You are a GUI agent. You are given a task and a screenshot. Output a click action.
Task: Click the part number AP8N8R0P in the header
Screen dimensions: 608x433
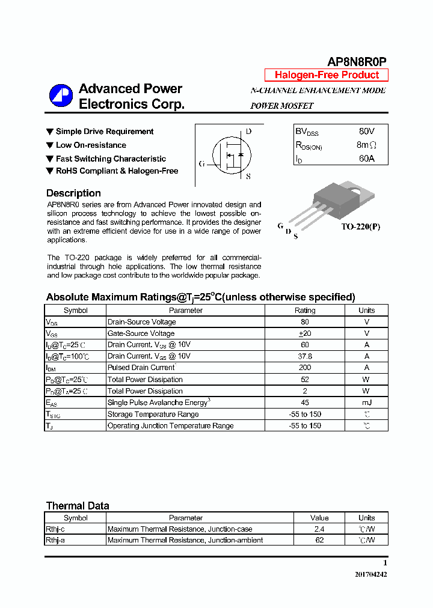point(357,62)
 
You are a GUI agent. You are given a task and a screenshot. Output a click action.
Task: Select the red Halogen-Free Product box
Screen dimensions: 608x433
point(327,75)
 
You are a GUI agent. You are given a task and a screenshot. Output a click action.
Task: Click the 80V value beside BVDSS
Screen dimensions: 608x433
point(366,131)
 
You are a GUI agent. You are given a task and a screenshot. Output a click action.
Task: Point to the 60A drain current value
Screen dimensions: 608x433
point(366,159)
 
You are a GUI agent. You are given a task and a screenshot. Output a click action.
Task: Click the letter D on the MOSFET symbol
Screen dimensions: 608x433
point(248,132)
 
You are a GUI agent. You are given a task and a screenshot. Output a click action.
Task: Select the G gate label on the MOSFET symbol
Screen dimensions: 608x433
point(201,163)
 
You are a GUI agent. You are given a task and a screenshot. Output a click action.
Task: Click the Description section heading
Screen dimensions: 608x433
point(73,193)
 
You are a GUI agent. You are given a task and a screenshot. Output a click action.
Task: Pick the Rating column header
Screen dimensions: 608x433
point(305,311)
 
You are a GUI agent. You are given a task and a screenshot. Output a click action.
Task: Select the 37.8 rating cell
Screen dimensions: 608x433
point(305,356)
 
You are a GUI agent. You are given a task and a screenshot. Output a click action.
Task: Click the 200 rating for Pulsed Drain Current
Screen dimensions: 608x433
point(305,368)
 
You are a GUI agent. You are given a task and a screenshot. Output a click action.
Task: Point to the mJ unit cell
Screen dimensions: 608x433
point(366,403)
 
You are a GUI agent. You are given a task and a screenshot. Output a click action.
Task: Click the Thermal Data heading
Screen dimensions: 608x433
point(78,506)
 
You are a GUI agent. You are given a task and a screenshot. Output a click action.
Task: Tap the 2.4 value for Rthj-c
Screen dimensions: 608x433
point(319,529)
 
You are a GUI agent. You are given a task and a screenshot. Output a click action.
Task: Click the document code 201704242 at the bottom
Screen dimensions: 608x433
point(370,574)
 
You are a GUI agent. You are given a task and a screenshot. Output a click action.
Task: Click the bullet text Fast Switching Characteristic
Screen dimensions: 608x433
point(111,159)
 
